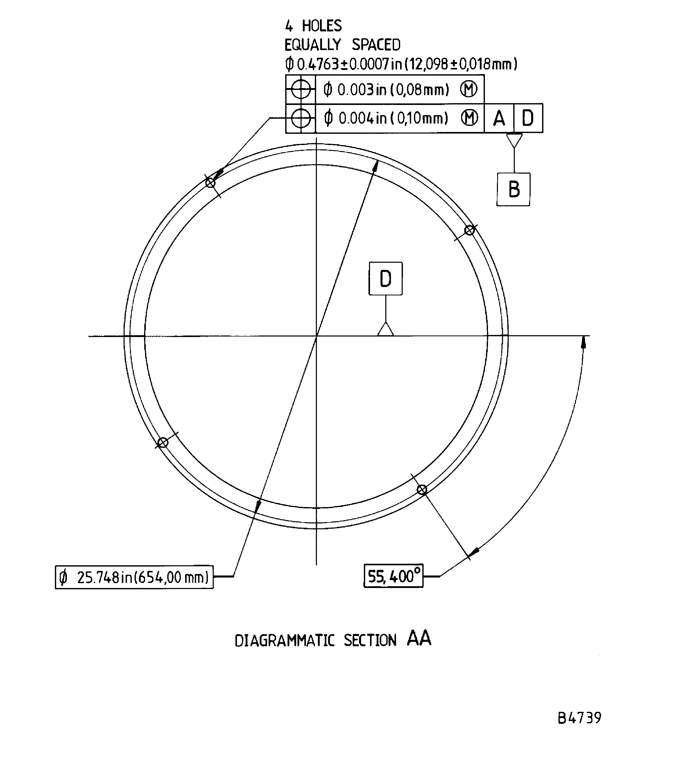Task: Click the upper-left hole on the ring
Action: pyautogui.click(x=210, y=183)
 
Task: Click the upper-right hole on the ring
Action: pyautogui.click(x=469, y=230)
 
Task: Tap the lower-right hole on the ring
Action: pyautogui.click(x=422, y=490)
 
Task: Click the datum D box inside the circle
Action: pyautogui.click(x=386, y=279)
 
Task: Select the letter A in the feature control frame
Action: pyautogui.click(x=499, y=118)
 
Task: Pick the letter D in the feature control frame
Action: pyautogui.click(x=528, y=118)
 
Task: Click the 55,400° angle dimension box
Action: pyautogui.click(x=393, y=576)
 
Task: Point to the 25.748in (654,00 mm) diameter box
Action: pyautogui.click(x=134, y=578)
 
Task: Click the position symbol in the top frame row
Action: pyautogui.click(x=301, y=90)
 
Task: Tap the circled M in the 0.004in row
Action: pyautogui.click(x=469, y=118)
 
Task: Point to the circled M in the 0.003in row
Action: pyautogui.click(x=468, y=90)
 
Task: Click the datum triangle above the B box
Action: pyautogui.click(x=514, y=140)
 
